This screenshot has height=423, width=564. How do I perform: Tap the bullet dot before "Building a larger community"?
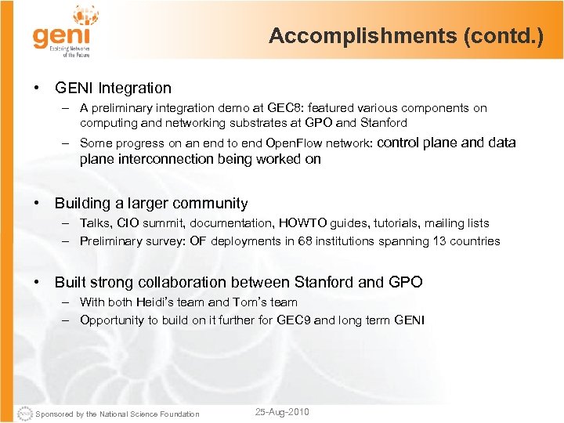[37, 203]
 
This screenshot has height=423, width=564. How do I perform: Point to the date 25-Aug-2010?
[283, 412]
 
